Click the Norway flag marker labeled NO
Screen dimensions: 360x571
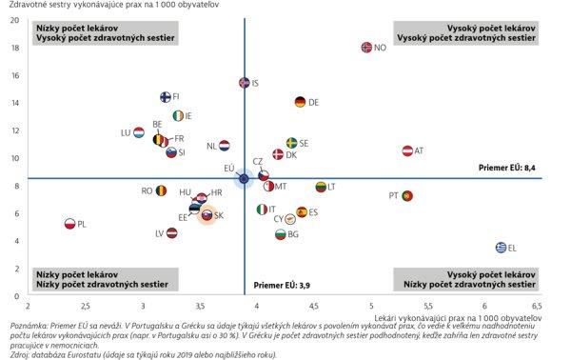[x=366, y=47]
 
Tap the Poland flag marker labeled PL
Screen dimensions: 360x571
[x=69, y=224]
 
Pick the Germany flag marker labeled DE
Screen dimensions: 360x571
[x=300, y=102]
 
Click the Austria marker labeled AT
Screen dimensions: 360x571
[x=407, y=150]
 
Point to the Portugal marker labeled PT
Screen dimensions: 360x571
[x=406, y=195]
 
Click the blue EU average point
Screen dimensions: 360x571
[x=244, y=178]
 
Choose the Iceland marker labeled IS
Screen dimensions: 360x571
[x=244, y=83]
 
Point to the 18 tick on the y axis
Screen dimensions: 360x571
[x=14, y=47]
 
